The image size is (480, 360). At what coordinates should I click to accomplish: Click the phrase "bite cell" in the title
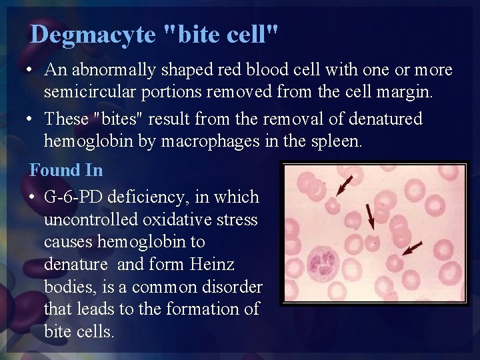click(221, 34)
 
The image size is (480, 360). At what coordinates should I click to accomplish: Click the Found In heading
click(66, 170)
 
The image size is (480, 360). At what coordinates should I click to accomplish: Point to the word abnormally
click(106, 70)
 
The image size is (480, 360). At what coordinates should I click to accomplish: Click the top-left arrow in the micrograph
click(345, 185)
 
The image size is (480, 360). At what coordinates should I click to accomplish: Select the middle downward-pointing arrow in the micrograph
click(370, 215)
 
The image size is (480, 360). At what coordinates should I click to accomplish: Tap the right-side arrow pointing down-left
click(411, 249)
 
